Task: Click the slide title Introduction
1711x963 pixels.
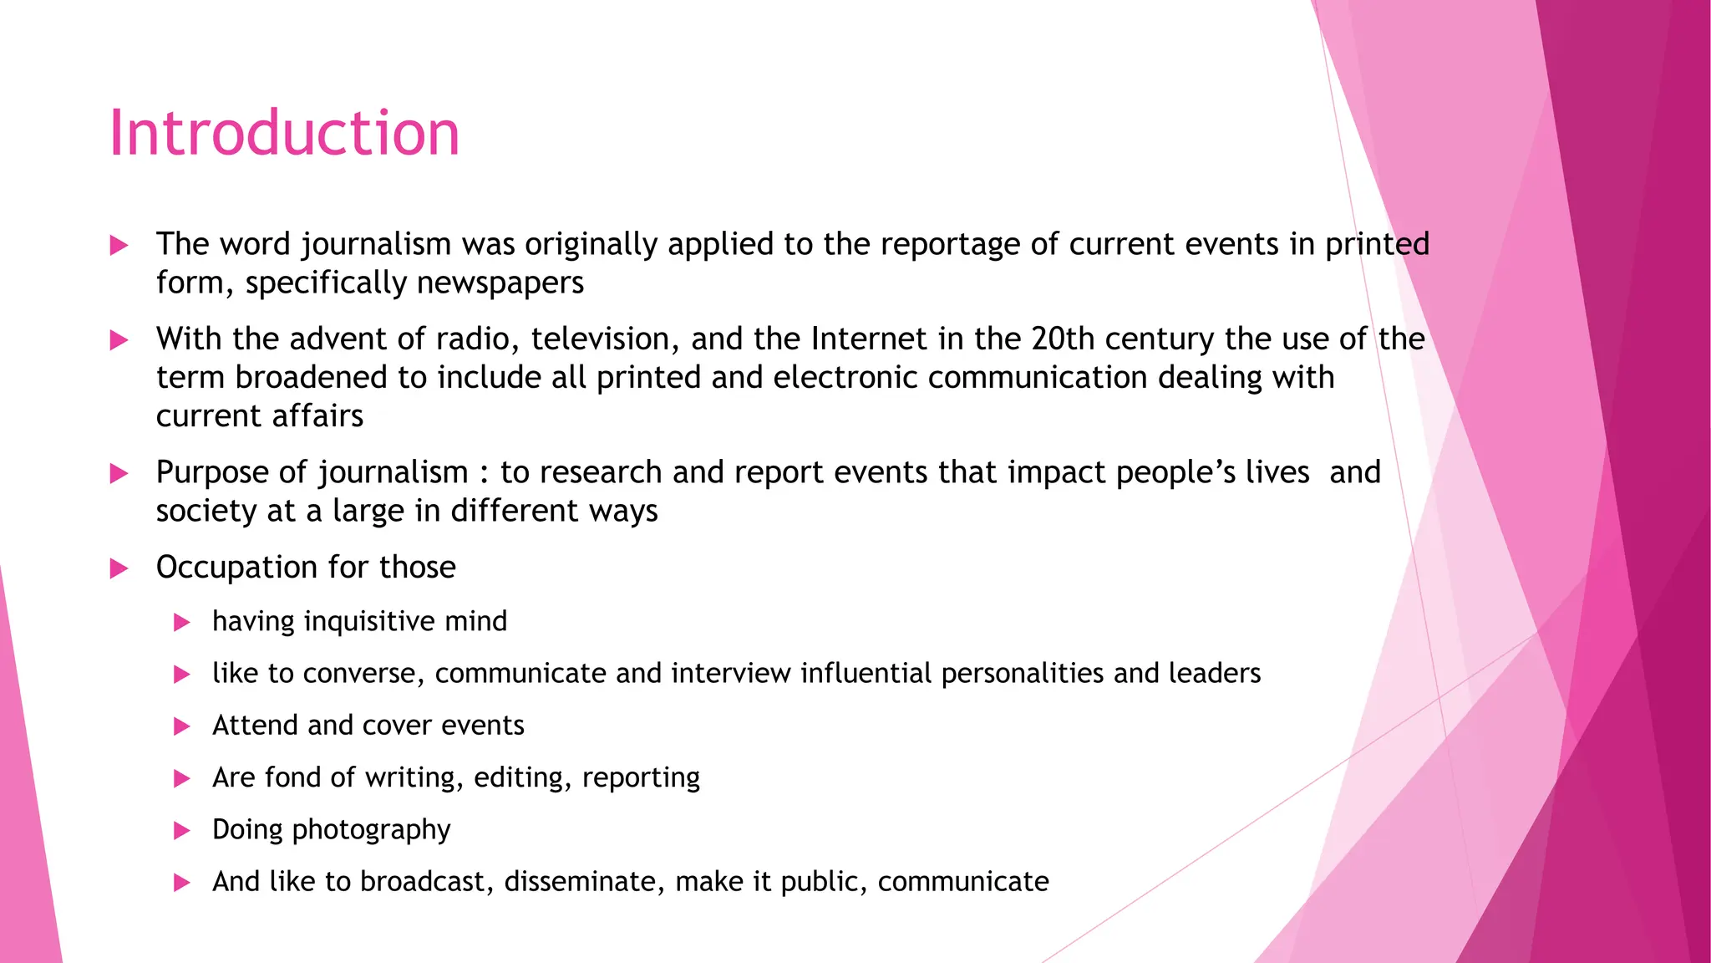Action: pos(284,134)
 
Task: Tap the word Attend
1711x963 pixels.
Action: pos(255,726)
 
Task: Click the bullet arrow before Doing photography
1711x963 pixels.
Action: pos(181,831)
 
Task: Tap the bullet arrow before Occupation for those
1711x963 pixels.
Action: pos(119,569)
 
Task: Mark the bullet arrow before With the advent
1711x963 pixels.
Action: pos(119,340)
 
